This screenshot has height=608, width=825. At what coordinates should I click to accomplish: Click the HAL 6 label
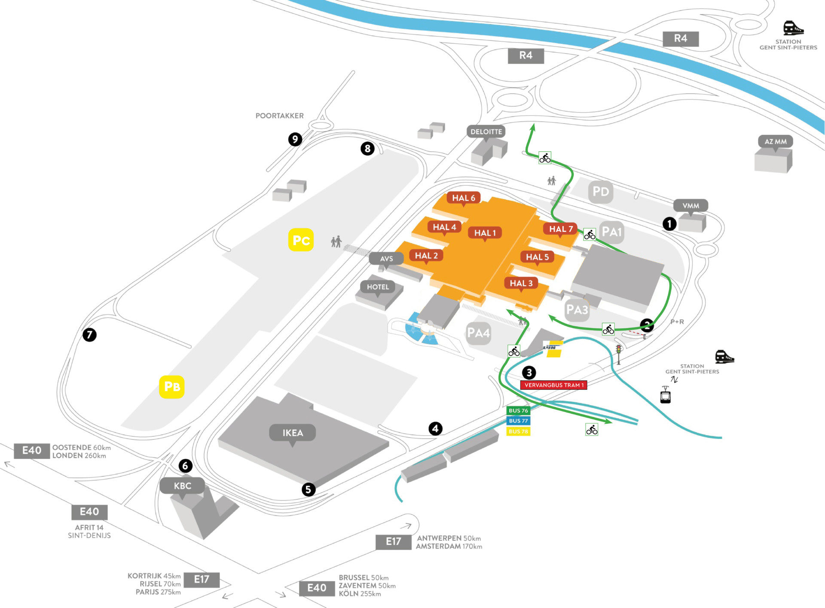click(464, 198)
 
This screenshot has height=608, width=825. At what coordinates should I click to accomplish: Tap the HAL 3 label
click(521, 283)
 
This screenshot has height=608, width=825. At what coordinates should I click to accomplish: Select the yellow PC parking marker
click(301, 240)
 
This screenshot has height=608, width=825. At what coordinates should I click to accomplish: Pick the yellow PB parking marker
click(172, 387)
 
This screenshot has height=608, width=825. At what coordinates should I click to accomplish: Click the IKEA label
click(293, 433)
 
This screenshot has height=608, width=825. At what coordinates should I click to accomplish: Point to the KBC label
click(182, 486)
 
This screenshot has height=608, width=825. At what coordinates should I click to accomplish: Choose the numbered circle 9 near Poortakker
click(295, 139)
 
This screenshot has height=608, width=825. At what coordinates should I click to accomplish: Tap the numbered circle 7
click(89, 334)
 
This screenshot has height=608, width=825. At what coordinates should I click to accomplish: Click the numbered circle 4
click(435, 428)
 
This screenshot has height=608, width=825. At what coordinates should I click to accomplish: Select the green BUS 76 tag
click(518, 410)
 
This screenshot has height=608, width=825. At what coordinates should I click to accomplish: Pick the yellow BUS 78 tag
click(518, 431)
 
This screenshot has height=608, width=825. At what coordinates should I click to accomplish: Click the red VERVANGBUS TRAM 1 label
click(554, 385)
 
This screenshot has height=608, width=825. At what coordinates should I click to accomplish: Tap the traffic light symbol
click(619, 354)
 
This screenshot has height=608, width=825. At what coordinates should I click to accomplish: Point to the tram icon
click(665, 394)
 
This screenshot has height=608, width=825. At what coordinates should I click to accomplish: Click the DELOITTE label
click(486, 131)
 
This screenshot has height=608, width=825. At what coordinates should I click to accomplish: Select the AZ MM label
click(775, 142)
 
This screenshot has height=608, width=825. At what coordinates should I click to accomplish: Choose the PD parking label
click(601, 192)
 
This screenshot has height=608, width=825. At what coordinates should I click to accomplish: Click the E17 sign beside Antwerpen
click(393, 542)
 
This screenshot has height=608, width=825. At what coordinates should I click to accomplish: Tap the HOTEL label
click(378, 287)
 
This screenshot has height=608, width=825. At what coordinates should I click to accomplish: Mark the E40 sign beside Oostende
click(32, 451)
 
